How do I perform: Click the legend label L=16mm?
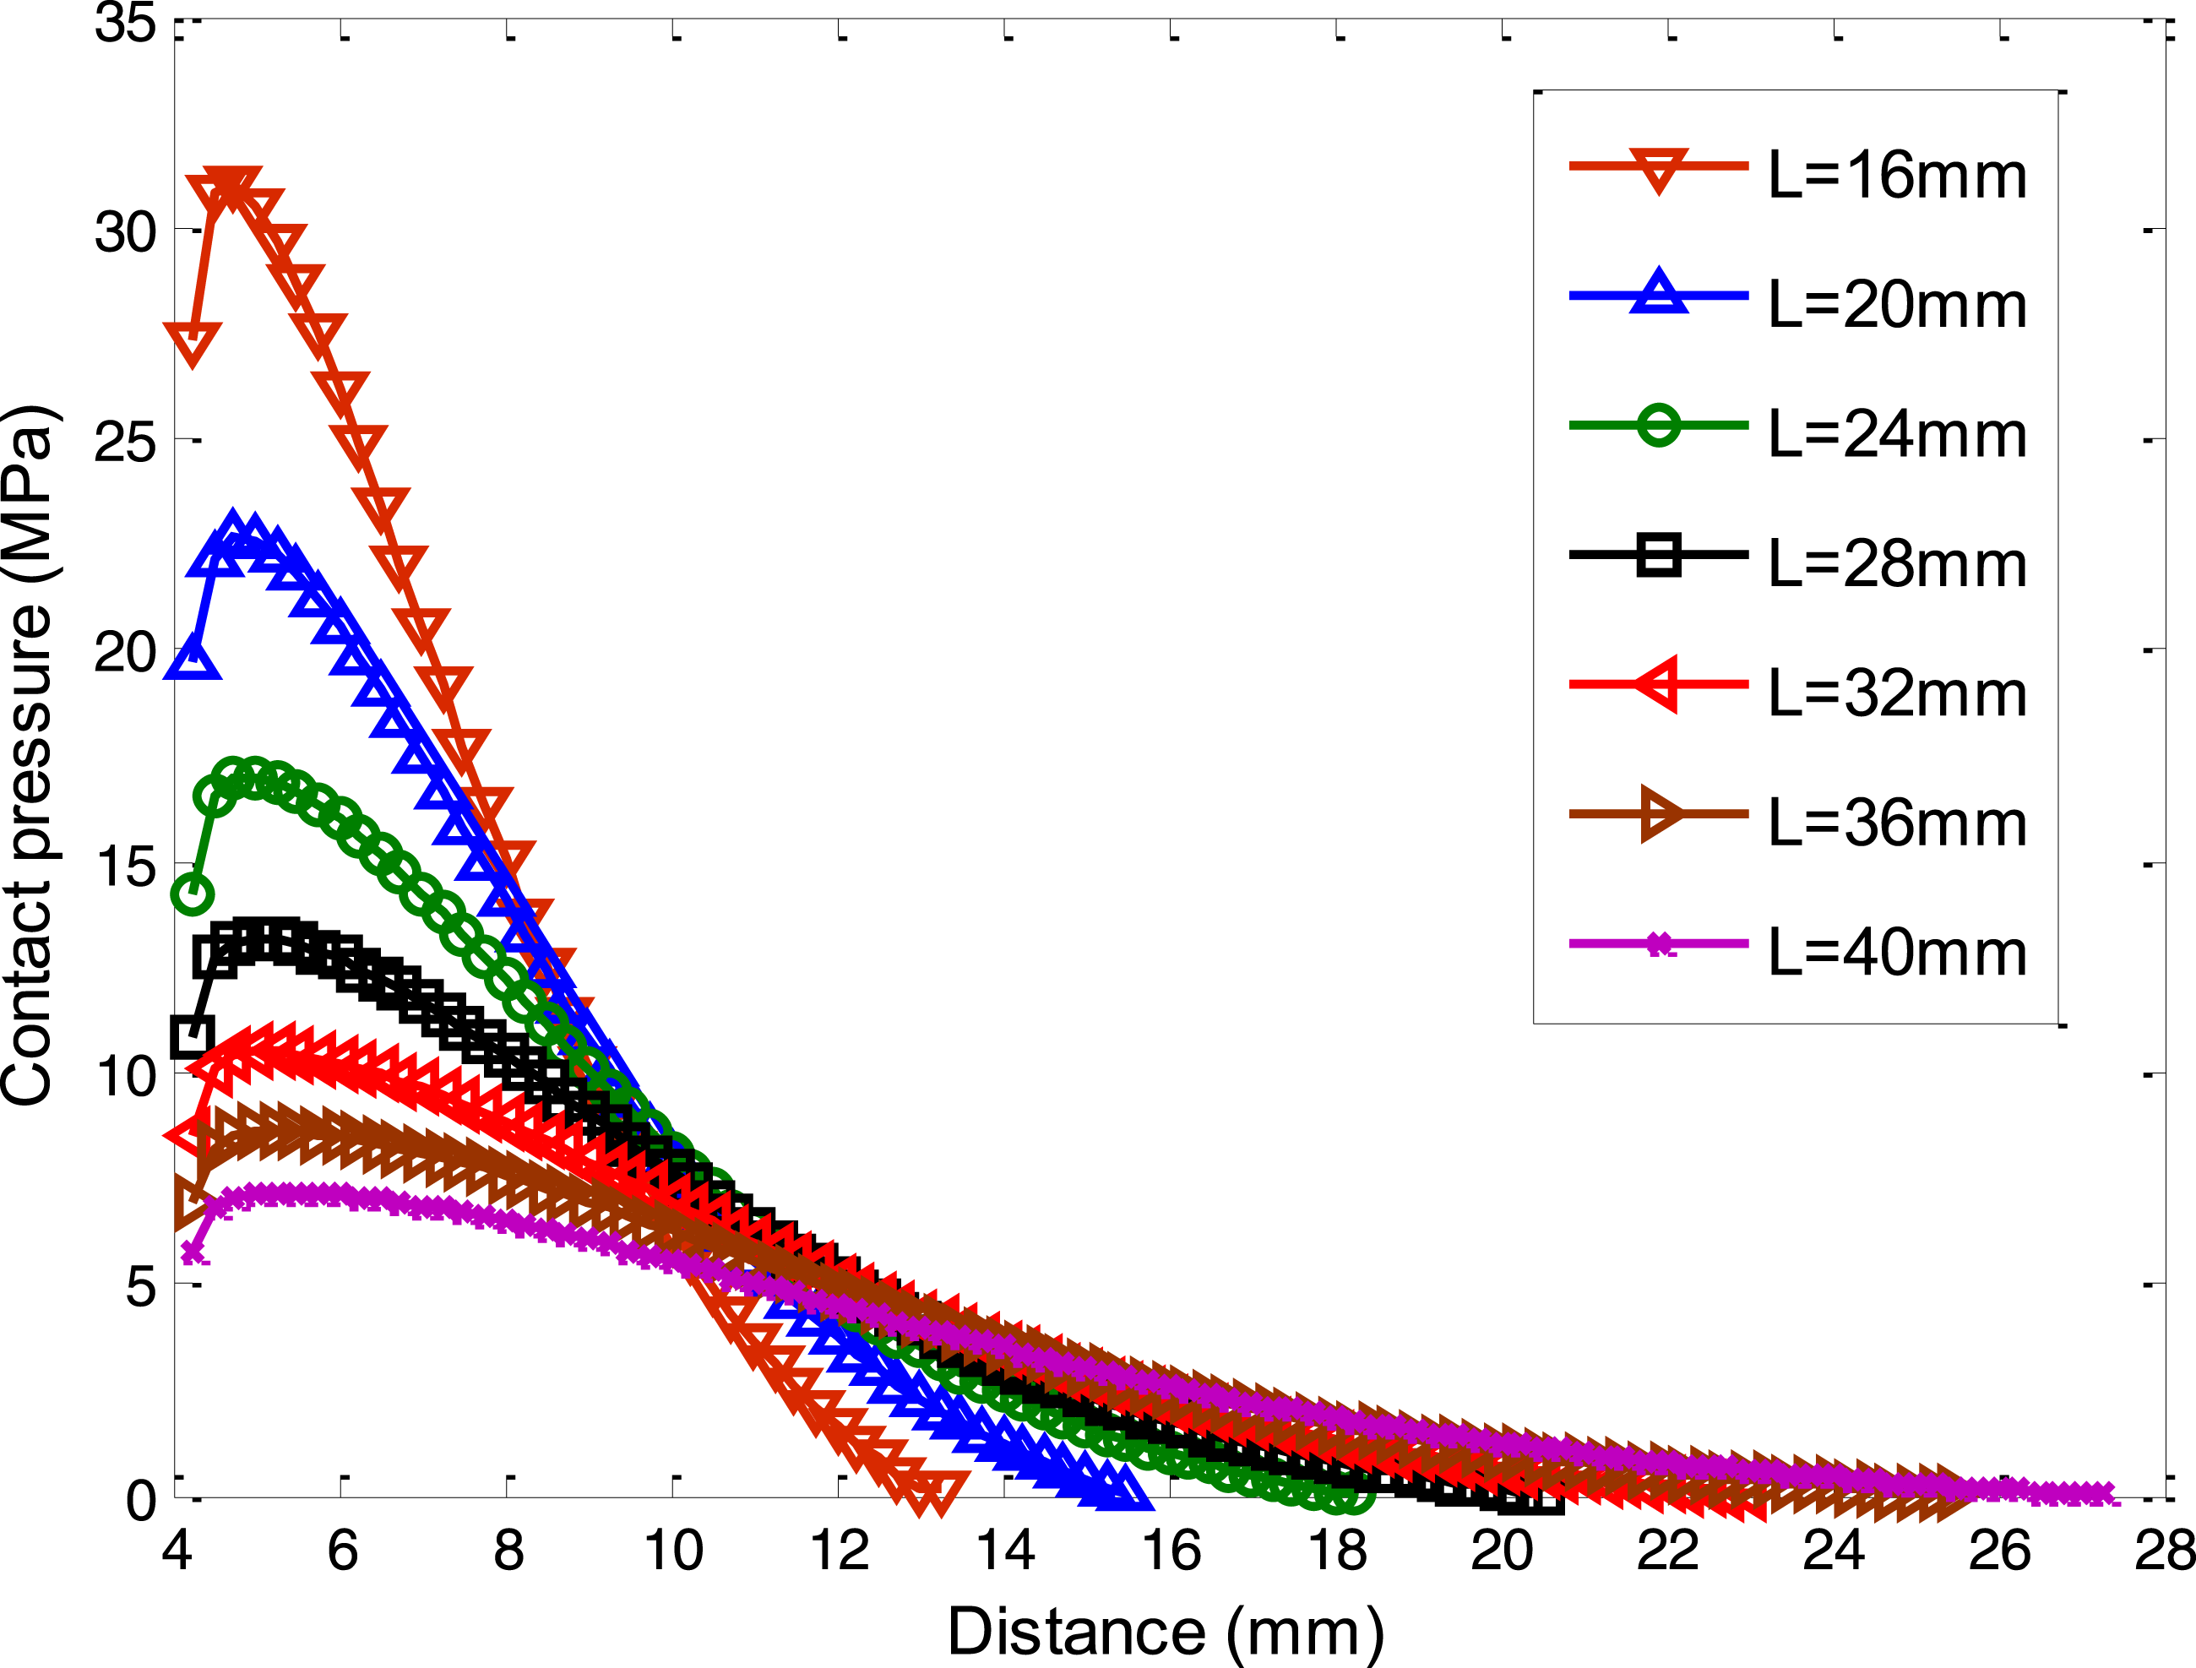1897,176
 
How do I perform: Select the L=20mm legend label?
1897,305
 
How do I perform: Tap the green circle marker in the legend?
1658,425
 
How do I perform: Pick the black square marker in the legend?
1658,554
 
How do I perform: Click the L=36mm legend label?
1897,823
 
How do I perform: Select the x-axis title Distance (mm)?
1166,1632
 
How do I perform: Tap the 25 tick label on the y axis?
126,442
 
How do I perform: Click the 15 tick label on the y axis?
126,866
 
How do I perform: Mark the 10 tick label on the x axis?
674,1550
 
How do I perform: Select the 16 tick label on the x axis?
1171,1550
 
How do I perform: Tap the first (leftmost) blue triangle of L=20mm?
192,656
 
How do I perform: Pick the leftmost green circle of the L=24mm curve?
192,894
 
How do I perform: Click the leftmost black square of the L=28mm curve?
192,1037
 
